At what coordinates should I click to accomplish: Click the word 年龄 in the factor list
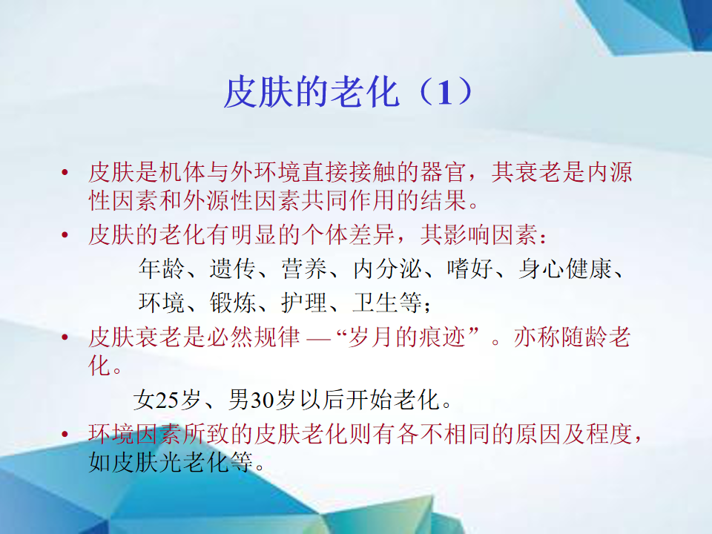(x=161, y=268)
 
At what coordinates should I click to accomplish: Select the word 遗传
(x=232, y=268)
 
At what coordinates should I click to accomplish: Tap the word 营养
(x=304, y=268)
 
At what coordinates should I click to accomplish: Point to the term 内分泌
(x=387, y=268)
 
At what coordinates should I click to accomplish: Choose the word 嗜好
(x=470, y=268)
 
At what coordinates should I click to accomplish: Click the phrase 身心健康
(x=566, y=268)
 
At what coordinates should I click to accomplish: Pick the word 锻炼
(x=232, y=303)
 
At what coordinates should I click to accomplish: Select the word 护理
(x=304, y=303)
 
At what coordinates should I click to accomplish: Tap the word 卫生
(x=375, y=303)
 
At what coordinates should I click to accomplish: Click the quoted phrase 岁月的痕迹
(x=406, y=337)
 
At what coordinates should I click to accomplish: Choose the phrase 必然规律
(x=254, y=337)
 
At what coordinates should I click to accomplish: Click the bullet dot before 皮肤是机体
(x=65, y=173)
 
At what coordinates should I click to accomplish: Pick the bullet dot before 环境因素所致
(x=65, y=435)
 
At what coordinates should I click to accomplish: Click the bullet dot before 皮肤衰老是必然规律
(x=65, y=337)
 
